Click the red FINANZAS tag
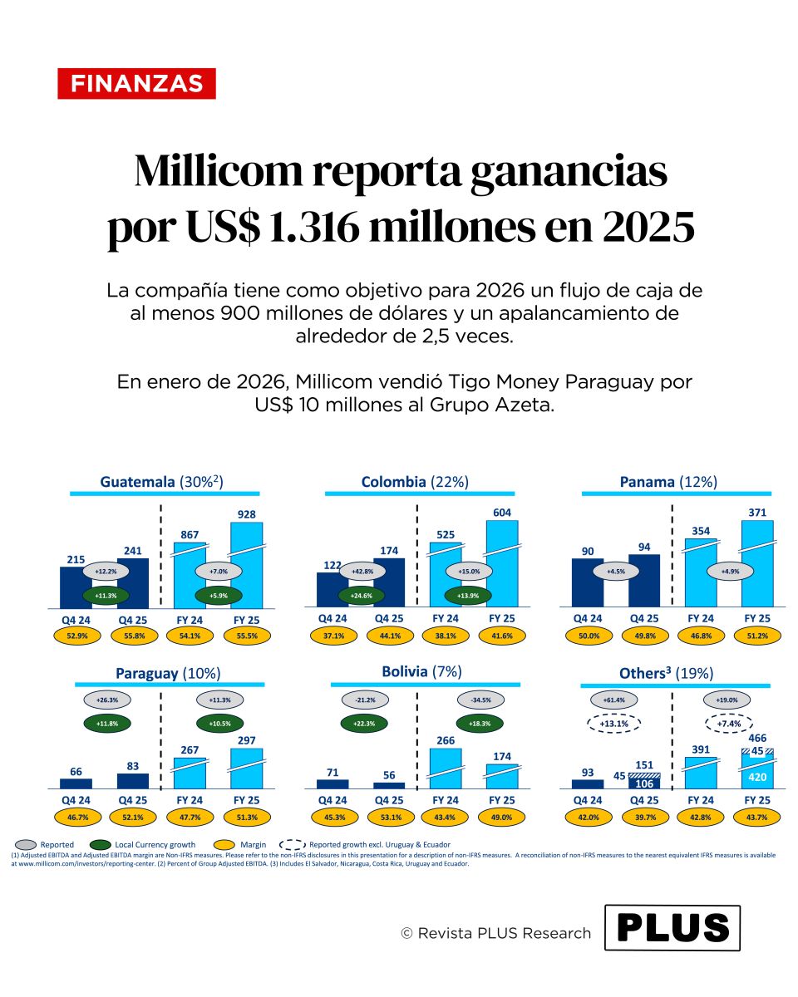tap(137, 84)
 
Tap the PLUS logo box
tap(672, 927)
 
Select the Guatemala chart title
tap(162, 482)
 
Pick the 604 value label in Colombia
tap(502, 513)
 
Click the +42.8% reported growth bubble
tap(361, 572)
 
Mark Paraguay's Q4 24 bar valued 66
tap(76, 783)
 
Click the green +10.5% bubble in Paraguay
tap(219, 724)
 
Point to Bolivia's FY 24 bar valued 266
tap(445, 768)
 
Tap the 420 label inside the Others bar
tap(757, 778)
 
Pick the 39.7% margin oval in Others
tap(644, 817)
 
